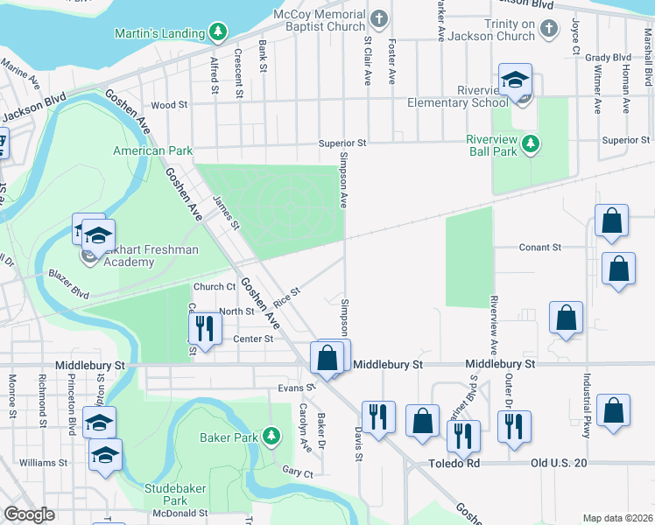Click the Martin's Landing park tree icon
pos(217,33)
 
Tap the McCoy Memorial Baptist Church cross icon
pos(379,18)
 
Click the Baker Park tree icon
pos(271,435)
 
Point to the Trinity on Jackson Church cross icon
pos(548,29)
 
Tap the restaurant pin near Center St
pos(205,329)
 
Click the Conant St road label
pos(539,248)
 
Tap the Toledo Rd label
pos(455,463)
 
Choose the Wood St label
pos(169,105)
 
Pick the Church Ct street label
pos(215,287)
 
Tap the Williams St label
pos(43,462)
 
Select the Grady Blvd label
pos(609,58)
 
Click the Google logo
pos(29,514)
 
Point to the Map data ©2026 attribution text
pos(617,518)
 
